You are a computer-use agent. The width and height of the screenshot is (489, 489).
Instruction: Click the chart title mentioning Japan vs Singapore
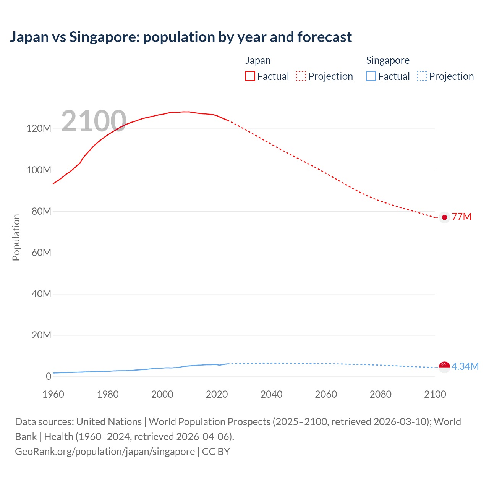(181, 37)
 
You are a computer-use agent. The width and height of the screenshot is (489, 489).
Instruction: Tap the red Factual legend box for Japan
(250, 76)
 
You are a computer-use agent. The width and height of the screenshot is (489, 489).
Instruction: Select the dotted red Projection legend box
(301, 76)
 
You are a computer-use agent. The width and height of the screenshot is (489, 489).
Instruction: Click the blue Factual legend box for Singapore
(371, 76)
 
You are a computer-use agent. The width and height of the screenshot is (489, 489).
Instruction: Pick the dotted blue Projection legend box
(422, 76)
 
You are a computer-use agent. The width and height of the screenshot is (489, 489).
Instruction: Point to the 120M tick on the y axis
(39, 129)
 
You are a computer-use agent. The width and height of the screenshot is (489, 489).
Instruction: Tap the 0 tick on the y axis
(49, 376)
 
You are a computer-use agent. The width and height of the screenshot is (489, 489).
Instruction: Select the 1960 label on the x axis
(53, 394)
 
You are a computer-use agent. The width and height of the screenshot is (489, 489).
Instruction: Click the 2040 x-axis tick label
(271, 394)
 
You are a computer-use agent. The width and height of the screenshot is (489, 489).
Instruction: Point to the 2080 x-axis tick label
(381, 394)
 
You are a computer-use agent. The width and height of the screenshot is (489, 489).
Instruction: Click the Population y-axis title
(16, 237)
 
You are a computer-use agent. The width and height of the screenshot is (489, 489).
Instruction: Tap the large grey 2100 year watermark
(94, 121)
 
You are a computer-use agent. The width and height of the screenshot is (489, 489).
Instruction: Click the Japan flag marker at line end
(444, 217)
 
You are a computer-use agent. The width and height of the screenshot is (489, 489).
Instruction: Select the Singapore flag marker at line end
(444, 366)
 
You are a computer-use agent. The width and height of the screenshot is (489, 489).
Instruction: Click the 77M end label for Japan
(461, 217)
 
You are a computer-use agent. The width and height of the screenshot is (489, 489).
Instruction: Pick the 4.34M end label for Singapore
(465, 367)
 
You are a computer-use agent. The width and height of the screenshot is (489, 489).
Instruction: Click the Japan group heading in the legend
(258, 60)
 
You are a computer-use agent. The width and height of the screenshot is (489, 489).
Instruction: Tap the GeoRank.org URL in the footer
(105, 452)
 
